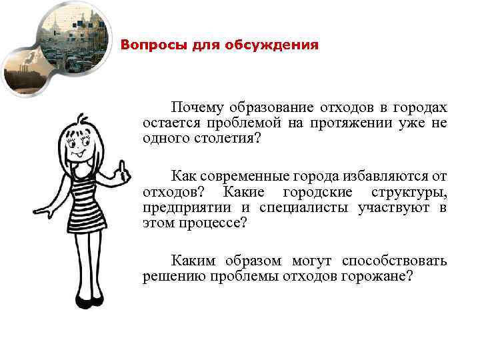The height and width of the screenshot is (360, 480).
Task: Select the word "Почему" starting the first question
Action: point(197,108)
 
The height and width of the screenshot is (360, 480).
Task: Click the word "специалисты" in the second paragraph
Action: point(299,207)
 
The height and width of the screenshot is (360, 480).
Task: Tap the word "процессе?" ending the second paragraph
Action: point(213,223)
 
